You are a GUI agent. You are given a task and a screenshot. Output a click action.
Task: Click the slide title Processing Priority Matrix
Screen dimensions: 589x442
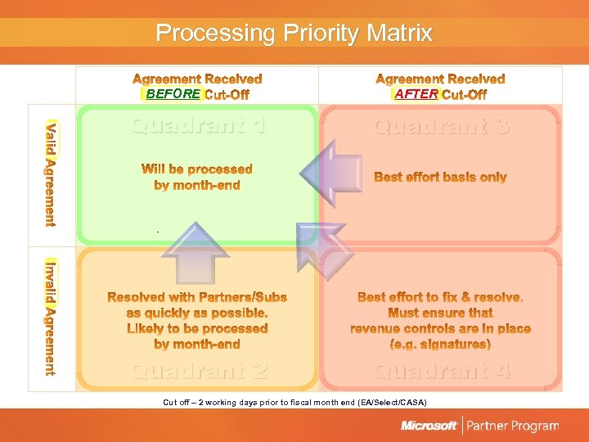click(x=294, y=34)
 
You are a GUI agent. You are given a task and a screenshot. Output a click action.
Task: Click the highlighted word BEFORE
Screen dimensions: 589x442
click(x=173, y=94)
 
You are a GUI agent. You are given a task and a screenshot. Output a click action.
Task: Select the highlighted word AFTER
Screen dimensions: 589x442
click(x=416, y=94)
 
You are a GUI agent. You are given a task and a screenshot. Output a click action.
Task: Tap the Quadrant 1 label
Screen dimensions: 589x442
click(x=199, y=126)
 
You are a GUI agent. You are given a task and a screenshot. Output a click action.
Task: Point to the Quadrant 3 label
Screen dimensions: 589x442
click(x=442, y=126)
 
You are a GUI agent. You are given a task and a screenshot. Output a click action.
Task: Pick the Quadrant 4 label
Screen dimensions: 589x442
click(x=443, y=371)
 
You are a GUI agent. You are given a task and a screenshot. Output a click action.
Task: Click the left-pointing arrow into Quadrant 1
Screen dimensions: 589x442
click(x=331, y=173)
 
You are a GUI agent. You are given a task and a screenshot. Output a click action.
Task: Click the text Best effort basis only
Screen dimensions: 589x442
click(x=440, y=178)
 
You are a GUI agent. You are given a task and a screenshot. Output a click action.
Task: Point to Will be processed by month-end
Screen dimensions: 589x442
click(x=197, y=177)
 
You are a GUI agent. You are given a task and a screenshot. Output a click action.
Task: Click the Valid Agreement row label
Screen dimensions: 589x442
click(x=52, y=174)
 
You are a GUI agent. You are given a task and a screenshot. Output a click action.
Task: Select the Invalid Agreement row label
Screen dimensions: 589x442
click(x=52, y=318)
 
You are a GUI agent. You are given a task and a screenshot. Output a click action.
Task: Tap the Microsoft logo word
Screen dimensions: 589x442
click(x=429, y=426)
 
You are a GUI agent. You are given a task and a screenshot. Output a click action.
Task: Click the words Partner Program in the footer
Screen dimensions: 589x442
click(x=513, y=426)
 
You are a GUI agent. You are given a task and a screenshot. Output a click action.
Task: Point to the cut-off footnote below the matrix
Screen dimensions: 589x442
click(x=294, y=403)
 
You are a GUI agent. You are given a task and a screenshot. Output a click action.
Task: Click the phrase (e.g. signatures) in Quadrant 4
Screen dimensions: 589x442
click(x=440, y=345)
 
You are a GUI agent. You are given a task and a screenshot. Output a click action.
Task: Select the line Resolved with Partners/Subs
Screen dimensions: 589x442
click(x=197, y=297)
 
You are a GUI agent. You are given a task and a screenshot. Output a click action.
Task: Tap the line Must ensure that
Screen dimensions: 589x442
click(x=440, y=313)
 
